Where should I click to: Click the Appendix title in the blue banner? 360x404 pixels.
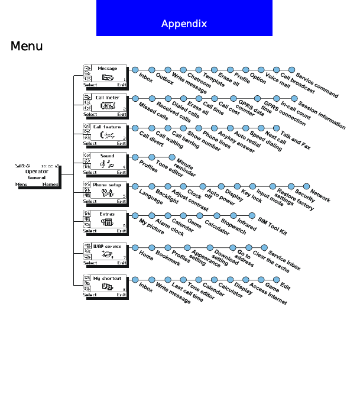184,24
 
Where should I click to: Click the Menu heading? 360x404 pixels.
27,46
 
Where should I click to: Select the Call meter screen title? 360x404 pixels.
108,98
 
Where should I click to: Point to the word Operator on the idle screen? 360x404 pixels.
37,172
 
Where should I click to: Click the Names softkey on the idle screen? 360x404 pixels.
50,185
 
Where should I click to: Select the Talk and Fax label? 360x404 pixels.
295,142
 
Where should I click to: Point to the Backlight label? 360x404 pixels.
168,198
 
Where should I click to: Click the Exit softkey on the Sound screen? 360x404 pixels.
121,172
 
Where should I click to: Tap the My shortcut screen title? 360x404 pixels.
107,278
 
